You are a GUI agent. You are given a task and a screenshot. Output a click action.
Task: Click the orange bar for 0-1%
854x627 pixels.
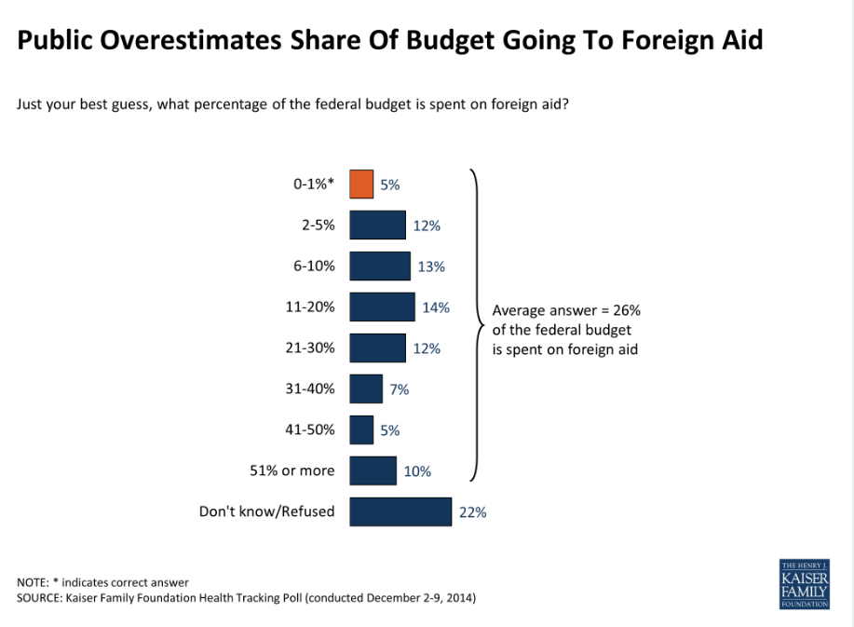point(361,184)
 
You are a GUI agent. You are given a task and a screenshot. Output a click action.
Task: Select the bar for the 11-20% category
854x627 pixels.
point(382,307)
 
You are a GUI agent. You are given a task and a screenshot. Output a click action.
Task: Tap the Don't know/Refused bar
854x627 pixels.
point(400,511)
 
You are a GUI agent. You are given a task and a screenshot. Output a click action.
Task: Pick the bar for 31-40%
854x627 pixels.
point(366,389)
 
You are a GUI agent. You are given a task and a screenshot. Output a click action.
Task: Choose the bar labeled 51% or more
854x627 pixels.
point(373,471)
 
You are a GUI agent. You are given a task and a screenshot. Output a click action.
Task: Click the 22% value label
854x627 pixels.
point(472,511)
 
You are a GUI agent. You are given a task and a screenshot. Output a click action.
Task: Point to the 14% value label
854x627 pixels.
point(436,307)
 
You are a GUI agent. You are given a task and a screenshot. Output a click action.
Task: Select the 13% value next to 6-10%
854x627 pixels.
point(431,266)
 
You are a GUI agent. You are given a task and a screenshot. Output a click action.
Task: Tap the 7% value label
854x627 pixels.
point(400,389)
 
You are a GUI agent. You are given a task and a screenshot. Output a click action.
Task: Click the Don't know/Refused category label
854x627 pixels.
point(266,511)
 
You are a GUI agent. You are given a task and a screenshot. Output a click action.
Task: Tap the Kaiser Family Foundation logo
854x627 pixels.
point(803,584)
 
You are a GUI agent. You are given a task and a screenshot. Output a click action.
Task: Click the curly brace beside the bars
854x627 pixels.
point(478,326)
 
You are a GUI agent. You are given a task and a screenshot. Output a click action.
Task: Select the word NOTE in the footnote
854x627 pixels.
point(34,582)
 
